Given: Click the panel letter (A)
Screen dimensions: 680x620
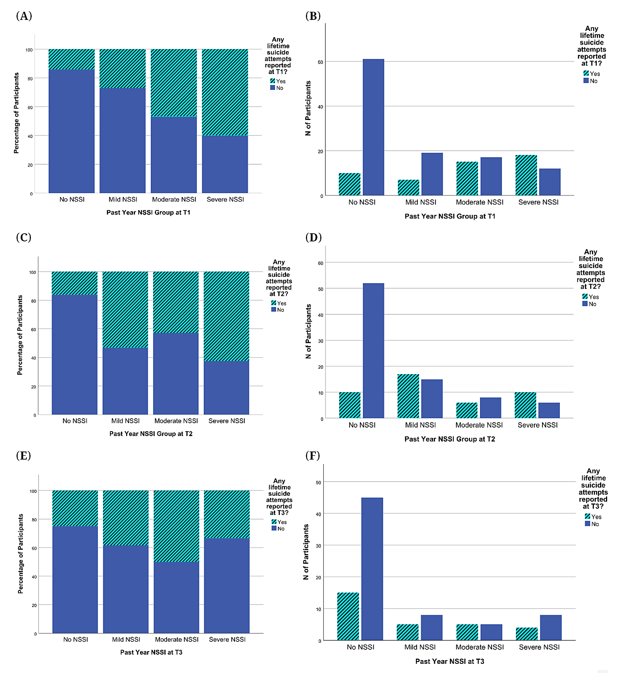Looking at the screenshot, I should [x=24, y=16].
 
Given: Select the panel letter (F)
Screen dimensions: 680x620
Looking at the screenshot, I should [x=313, y=456].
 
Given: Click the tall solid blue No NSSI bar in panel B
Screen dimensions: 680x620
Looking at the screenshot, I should [x=373, y=127].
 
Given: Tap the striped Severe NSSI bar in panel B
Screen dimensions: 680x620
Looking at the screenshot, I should [x=526, y=175].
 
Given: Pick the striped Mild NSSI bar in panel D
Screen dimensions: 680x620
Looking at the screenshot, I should [x=408, y=396].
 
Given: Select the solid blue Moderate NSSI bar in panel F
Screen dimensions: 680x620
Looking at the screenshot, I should [x=491, y=632].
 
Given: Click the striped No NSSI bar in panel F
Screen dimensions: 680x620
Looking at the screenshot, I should [x=348, y=616].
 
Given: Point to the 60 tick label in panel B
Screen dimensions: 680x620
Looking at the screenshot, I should [x=320, y=62].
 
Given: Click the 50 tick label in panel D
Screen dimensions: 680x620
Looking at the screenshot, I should [x=321, y=289].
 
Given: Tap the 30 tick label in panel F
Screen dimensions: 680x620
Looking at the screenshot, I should [x=318, y=546].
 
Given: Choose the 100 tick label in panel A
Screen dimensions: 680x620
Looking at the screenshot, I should [x=29, y=50].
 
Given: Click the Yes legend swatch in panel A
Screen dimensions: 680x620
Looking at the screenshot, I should [x=272, y=81].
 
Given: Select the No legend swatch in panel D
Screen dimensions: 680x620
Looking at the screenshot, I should [x=585, y=304].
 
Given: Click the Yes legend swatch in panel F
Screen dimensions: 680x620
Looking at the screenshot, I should [x=587, y=517].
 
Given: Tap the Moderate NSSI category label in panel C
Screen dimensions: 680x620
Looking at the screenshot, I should [x=176, y=421].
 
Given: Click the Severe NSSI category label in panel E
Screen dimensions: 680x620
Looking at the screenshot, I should [x=227, y=640].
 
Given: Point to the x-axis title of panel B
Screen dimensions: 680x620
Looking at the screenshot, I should [x=450, y=216].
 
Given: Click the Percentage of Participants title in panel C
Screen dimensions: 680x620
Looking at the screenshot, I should [x=20, y=335].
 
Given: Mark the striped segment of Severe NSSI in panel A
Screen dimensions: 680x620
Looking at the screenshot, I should [x=225, y=92].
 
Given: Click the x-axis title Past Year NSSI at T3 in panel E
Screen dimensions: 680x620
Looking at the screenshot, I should [x=151, y=652].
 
